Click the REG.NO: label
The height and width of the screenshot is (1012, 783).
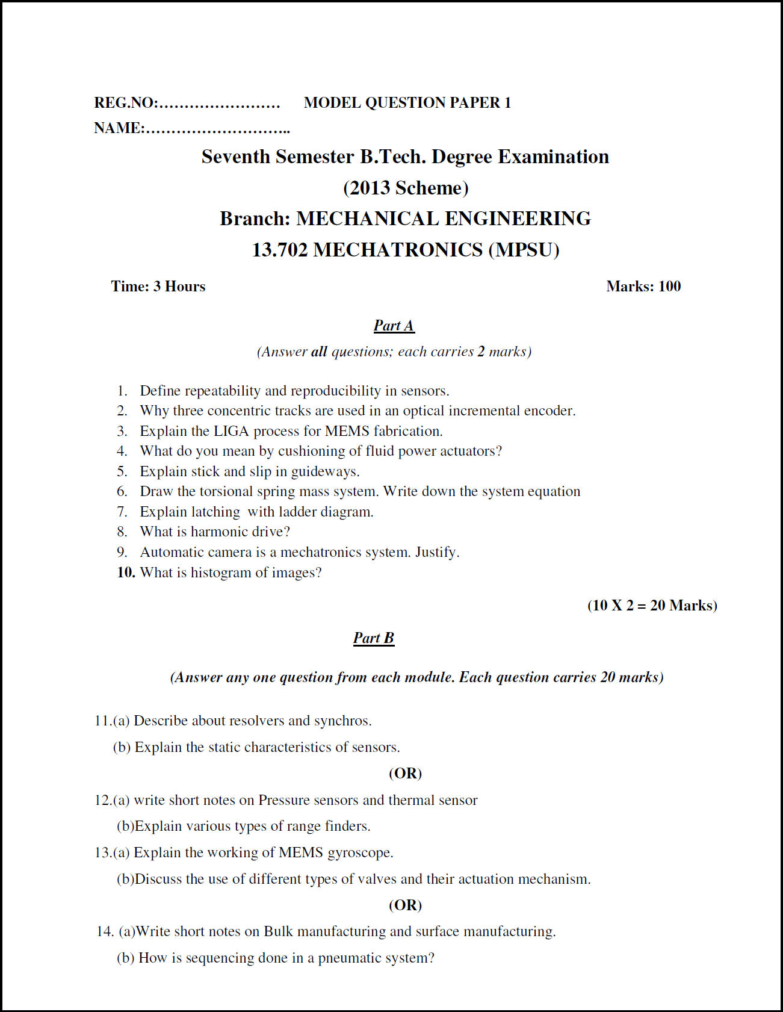pos(126,103)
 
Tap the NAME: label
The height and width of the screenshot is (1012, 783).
pos(119,128)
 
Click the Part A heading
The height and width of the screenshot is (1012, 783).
pos(394,326)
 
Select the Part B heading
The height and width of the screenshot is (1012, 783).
pos(373,638)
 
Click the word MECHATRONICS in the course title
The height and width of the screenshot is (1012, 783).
pos(398,250)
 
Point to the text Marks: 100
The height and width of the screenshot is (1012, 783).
pos(643,287)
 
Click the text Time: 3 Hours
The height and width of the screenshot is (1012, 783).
pos(158,287)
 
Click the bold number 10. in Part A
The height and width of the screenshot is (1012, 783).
pos(126,573)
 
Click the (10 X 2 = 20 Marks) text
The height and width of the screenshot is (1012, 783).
pos(652,606)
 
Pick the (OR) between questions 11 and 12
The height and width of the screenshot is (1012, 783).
pos(405,774)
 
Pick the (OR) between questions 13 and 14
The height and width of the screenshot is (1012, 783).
pos(405,905)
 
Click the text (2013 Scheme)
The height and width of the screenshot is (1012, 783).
pos(405,188)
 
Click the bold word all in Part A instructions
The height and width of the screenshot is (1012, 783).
pos(319,352)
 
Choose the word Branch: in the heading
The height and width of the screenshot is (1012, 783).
pos(255,219)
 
